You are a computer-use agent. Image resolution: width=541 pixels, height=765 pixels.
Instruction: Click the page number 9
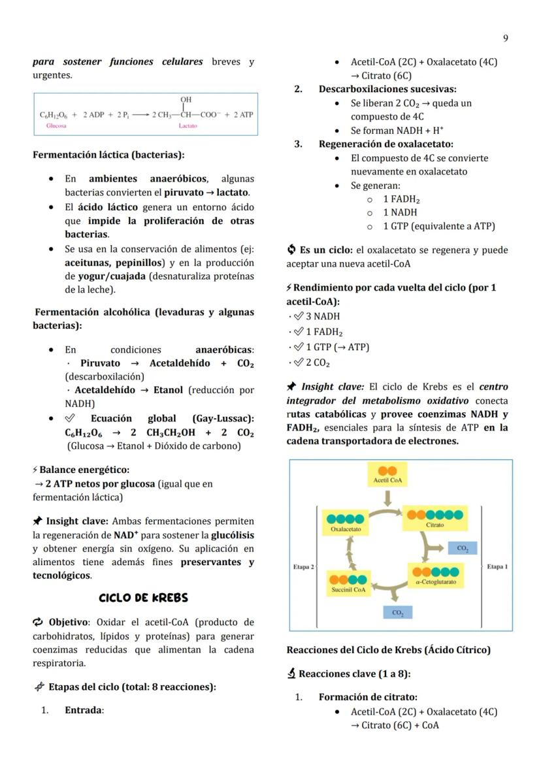(505, 39)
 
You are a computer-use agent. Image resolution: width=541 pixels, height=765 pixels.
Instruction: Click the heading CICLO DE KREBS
(143, 598)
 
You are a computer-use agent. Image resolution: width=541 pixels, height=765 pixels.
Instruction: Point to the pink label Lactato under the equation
(188, 125)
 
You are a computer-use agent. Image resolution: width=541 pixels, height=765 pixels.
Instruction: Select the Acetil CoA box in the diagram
(387, 475)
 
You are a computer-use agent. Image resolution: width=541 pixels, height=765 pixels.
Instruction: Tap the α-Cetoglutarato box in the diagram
(435, 576)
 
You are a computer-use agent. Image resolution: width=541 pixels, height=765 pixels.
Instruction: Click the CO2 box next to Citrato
(462, 548)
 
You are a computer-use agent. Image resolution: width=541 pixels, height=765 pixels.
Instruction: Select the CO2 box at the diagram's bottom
(398, 613)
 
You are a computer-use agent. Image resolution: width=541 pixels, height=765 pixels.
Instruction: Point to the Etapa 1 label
(497, 566)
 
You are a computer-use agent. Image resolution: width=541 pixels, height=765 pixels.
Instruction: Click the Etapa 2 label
(303, 567)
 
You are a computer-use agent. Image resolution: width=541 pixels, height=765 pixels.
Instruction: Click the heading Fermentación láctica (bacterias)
(108, 155)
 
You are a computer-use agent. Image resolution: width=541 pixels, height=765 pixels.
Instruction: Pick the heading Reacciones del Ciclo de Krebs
(388, 650)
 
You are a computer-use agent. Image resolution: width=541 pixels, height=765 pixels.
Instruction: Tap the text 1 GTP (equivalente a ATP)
(438, 226)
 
